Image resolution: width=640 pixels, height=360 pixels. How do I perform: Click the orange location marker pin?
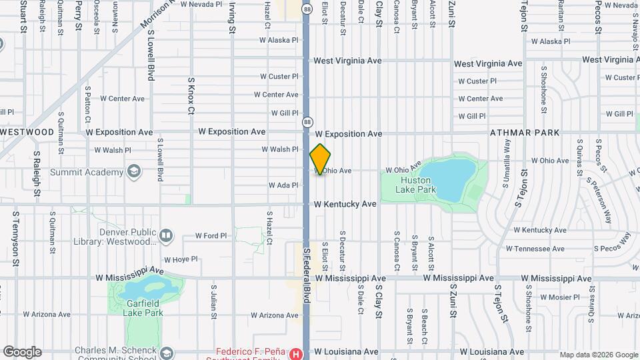(x=320, y=159)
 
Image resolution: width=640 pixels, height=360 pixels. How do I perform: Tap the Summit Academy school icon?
(x=135, y=173)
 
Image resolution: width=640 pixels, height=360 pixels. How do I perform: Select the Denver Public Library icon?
(x=166, y=235)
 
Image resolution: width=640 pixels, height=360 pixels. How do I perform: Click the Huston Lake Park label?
(x=418, y=185)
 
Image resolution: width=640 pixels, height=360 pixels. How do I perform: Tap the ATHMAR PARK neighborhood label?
(x=525, y=133)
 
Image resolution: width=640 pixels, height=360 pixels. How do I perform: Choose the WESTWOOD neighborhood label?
(x=27, y=132)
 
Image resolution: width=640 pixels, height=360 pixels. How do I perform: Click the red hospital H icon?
(x=295, y=353)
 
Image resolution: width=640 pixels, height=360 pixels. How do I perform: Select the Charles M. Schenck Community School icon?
(x=166, y=353)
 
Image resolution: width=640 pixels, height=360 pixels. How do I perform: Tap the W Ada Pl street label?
(x=283, y=185)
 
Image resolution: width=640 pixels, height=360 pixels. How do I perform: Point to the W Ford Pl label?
(x=211, y=235)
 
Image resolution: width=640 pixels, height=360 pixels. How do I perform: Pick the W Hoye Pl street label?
(x=181, y=259)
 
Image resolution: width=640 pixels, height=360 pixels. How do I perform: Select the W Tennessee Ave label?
(x=535, y=249)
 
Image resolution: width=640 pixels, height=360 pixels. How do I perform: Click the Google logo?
(x=22, y=352)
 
